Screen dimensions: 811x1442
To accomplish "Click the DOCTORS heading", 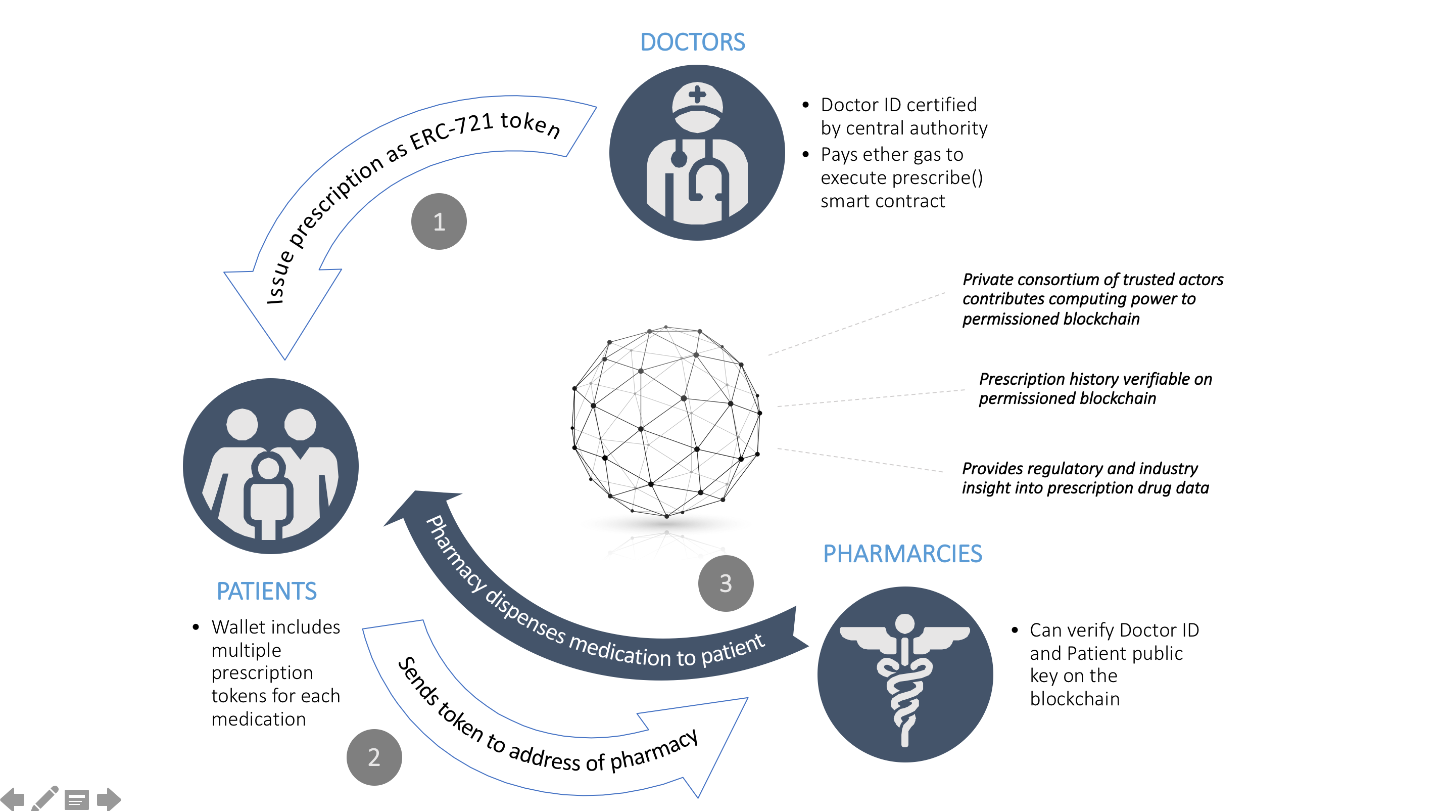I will click(692, 42).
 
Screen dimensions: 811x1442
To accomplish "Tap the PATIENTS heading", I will click(266, 591).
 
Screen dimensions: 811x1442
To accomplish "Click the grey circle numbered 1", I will click(439, 222).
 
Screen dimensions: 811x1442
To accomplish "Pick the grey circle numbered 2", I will click(374, 757).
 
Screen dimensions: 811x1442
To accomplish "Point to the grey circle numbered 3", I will click(726, 583).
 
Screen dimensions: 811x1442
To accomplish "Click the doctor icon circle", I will click(697, 153).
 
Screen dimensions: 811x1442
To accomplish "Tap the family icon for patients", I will click(270, 466).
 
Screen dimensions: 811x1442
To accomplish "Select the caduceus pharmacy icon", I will click(904, 674).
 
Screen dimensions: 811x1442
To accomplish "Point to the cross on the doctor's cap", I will click(697, 94).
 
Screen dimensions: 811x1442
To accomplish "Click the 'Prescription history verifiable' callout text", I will click(1095, 388).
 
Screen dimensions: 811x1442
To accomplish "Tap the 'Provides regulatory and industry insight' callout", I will click(1085, 478).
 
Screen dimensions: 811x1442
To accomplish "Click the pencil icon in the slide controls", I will click(45, 799).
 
